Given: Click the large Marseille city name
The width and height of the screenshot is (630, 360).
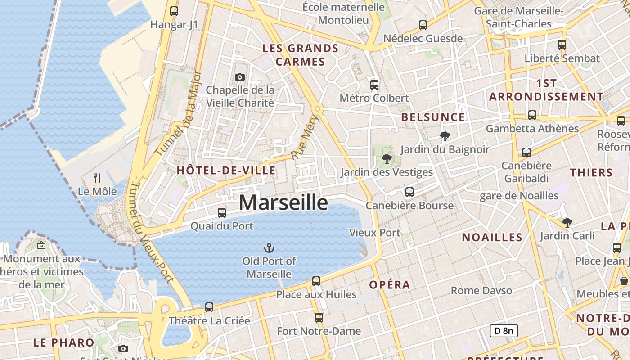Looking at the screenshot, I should (283, 202).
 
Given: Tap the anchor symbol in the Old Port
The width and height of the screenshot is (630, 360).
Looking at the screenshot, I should (269, 247).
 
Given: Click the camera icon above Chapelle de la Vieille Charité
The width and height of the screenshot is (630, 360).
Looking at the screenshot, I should (240, 77).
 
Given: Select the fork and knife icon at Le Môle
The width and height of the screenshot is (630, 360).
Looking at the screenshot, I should (97, 178).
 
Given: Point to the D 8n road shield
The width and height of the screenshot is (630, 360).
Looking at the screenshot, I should (504, 331).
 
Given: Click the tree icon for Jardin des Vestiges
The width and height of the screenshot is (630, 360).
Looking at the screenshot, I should (387, 158).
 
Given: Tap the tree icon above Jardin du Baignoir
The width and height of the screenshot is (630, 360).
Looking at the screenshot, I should (445, 136).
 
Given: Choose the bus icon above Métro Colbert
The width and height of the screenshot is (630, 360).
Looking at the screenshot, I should (374, 85).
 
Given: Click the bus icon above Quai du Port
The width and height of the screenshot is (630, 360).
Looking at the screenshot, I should (221, 213).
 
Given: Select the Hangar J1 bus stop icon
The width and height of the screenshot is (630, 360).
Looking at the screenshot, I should (174, 11).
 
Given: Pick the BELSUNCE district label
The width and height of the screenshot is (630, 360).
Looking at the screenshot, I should (433, 117).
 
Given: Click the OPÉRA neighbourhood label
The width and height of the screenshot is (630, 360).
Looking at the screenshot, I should (390, 285).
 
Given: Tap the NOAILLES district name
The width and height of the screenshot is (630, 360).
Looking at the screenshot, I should (492, 237).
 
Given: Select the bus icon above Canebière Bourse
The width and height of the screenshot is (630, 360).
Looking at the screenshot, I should (409, 192).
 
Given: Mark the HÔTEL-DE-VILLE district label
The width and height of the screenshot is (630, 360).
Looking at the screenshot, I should (226, 171).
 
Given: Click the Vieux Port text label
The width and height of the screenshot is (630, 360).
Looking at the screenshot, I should (374, 233).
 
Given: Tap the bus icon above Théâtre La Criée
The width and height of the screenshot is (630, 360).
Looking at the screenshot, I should (209, 307).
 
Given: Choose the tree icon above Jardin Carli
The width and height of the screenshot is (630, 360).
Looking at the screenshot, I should (567, 222).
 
